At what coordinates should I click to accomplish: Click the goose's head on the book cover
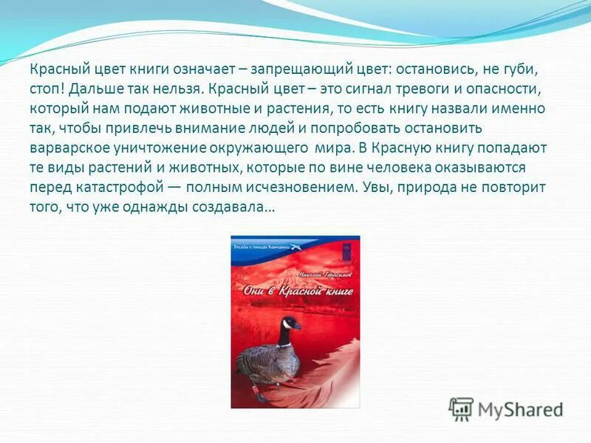tap(290, 323)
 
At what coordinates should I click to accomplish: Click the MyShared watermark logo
tap(506, 409)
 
